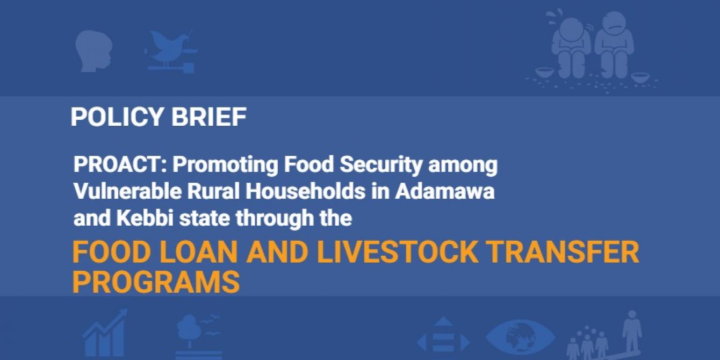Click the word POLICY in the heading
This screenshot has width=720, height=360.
(117, 117)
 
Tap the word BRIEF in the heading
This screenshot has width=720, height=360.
(209, 117)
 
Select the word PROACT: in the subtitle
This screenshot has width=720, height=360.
(120, 164)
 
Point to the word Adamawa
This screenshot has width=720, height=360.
(445, 192)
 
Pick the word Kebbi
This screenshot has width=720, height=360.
(145, 219)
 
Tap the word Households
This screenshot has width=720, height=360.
(305, 192)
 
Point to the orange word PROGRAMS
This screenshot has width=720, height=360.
(156, 282)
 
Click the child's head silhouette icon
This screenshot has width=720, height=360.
(93, 51)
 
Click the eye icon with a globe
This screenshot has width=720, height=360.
(520, 337)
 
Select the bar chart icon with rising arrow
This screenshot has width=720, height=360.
(105, 334)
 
